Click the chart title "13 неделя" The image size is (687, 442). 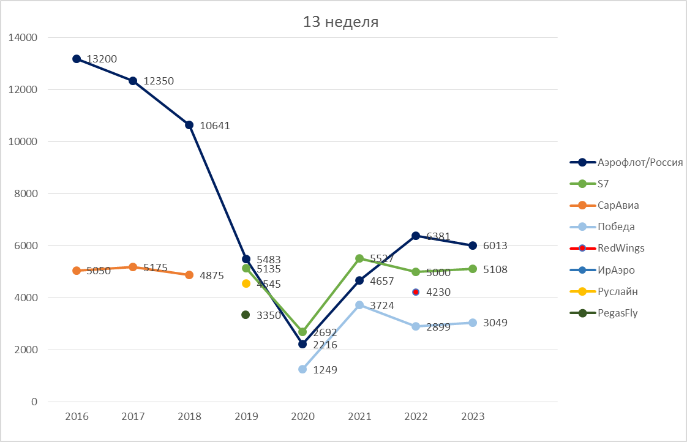pos(341,23)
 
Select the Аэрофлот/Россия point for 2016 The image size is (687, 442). pos(77,59)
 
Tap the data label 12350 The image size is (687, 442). pos(159,81)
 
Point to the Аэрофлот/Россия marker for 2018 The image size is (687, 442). pos(189,125)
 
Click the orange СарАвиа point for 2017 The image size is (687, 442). pos(133,267)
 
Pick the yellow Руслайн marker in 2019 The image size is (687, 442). pos(246,283)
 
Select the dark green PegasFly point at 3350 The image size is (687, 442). pos(246,315)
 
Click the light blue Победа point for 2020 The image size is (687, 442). pos(302,369)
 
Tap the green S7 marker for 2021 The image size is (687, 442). pos(359,258)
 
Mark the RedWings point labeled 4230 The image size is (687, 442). pos(416,292)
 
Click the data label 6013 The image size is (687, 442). pos(495,245)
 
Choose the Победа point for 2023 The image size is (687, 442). pos(473,323)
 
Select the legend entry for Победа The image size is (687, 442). pos(616,227)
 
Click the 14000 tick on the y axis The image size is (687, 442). pos(23,37)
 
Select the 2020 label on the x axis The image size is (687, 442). pos(302,416)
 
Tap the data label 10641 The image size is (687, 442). pos(215,125)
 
